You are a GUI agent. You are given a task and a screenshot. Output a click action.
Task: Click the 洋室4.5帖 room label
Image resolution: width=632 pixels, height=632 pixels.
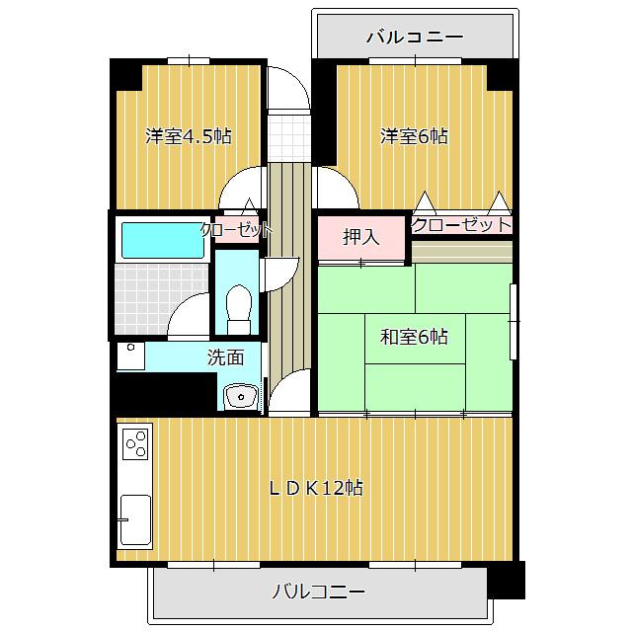tap(189, 136)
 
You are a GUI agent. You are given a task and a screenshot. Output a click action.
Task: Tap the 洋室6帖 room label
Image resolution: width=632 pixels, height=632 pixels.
tap(414, 136)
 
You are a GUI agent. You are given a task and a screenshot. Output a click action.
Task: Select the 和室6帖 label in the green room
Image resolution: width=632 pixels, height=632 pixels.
tap(414, 338)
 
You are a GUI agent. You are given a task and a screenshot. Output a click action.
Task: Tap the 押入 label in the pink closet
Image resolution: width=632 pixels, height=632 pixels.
tap(360, 237)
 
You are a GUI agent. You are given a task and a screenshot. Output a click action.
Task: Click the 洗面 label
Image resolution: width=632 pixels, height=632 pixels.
tap(223, 357)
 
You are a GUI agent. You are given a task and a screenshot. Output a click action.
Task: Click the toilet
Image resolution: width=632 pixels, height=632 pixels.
tap(237, 308)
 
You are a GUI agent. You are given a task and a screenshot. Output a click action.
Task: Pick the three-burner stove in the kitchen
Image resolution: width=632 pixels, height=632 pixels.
tap(135, 445)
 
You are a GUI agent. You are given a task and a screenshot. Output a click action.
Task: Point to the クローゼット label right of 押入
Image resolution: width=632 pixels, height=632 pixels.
tap(461, 225)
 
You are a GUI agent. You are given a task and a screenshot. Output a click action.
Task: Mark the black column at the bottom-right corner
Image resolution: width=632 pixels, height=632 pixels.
tap(507, 579)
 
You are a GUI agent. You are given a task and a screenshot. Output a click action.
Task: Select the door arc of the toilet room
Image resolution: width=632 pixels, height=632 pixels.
tap(280, 271)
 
